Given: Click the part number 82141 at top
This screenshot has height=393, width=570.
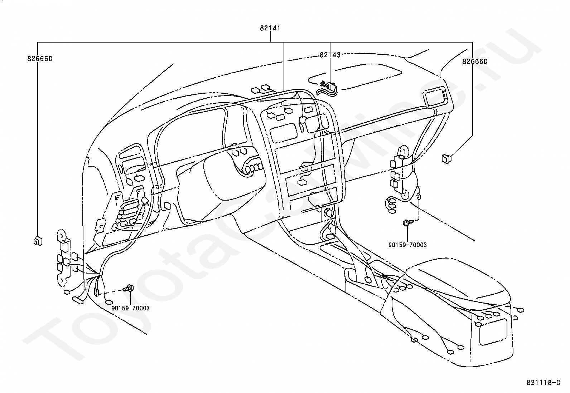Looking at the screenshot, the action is click(x=270, y=28).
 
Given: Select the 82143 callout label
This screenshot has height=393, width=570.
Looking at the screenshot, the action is click(x=330, y=55).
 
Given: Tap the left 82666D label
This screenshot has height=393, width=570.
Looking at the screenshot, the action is click(x=40, y=59).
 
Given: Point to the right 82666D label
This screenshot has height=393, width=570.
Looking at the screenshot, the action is click(x=475, y=62).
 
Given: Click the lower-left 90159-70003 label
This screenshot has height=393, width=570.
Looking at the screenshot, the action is click(x=131, y=308).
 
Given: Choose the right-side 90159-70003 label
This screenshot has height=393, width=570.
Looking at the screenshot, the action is click(x=407, y=245).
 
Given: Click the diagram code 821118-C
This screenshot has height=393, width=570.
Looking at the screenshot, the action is click(x=543, y=383).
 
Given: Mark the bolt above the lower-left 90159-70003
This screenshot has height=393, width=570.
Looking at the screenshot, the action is click(x=129, y=288).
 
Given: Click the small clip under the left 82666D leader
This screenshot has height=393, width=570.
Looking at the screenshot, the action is click(x=38, y=241).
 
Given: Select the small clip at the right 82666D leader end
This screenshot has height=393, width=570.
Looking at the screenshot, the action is click(x=446, y=159).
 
